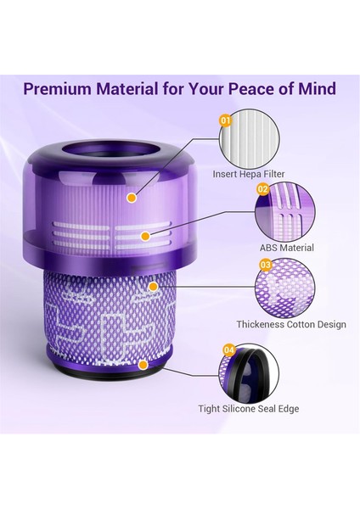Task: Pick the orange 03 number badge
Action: [265, 265]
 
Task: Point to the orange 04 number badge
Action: [229, 350]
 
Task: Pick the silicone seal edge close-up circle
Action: [252, 372]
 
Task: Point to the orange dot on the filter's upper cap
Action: [132, 199]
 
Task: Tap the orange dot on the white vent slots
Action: [147, 234]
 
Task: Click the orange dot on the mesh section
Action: [153, 286]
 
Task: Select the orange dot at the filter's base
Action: [142, 365]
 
